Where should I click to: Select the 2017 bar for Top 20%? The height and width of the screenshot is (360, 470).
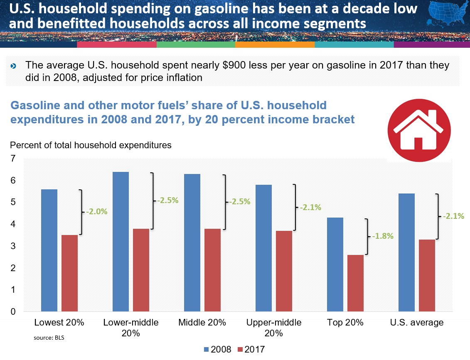point(355,283)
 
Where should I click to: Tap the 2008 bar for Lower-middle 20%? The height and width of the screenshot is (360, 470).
point(121,241)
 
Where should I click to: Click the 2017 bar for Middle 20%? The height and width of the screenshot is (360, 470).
point(212,270)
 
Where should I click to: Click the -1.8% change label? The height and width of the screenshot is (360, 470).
point(383,236)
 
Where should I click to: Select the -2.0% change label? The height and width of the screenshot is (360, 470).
point(97,211)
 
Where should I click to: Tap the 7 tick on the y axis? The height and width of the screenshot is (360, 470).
point(13,159)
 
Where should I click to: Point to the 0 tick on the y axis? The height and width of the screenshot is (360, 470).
point(13,312)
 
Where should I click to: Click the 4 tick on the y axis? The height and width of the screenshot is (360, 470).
point(13,224)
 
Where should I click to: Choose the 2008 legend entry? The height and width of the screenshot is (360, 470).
point(217,349)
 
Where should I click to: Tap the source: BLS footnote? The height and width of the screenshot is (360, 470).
point(49,338)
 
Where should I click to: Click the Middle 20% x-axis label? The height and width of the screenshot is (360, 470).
point(202,323)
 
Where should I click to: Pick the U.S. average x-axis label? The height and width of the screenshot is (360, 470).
point(417,323)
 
